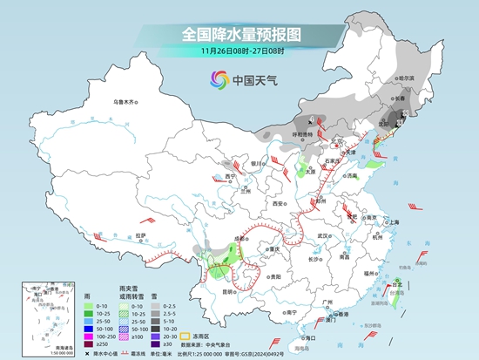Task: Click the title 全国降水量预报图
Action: [x=239, y=35]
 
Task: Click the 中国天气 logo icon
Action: [x=215, y=80]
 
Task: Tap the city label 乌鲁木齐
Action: [x=125, y=103]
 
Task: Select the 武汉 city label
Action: [x=326, y=235]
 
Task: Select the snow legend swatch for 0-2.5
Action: [x=155, y=306]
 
